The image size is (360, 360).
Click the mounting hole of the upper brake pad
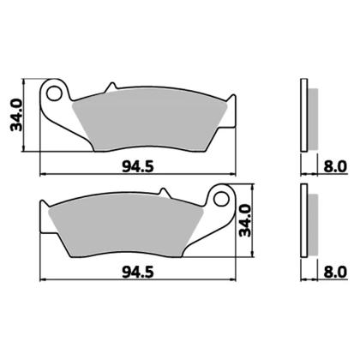tap(54, 93)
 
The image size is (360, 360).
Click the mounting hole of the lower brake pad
tap(221, 199)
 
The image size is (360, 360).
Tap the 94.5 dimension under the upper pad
tap(138, 166)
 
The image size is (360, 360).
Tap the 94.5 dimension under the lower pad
tap(138, 272)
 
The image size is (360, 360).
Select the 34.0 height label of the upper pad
tap(16, 115)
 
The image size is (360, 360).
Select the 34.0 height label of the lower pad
tap(245, 220)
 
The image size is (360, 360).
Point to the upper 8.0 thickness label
tap(335, 166)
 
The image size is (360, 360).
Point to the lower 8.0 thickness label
tap(335, 272)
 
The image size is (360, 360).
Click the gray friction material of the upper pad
tap(150, 119)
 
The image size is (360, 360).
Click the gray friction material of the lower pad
tap(126, 225)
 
